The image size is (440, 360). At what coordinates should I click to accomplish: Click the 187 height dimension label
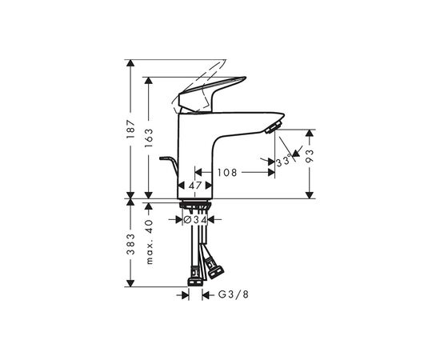pyautogui.click(x=130, y=129)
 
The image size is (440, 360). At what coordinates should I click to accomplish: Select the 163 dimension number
pyautogui.click(x=149, y=138)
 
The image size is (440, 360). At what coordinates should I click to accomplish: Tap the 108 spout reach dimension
pyautogui.click(x=227, y=172)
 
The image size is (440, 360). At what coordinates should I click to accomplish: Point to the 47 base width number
pyautogui.click(x=195, y=185)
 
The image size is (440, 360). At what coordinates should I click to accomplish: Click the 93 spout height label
pyautogui.click(x=310, y=156)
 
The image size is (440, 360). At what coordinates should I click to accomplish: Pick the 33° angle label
pyautogui.click(x=284, y=162)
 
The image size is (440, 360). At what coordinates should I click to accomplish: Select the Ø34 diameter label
pyautogui.click(x=195, y=220)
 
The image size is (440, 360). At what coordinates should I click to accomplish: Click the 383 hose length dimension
pyautogui.click(x=130, y=243)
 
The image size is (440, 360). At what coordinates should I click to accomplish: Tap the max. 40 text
pyautogui.click(x=149, y=242)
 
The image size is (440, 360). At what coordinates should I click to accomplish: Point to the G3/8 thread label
pyautogui.click(x=234, y=294)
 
